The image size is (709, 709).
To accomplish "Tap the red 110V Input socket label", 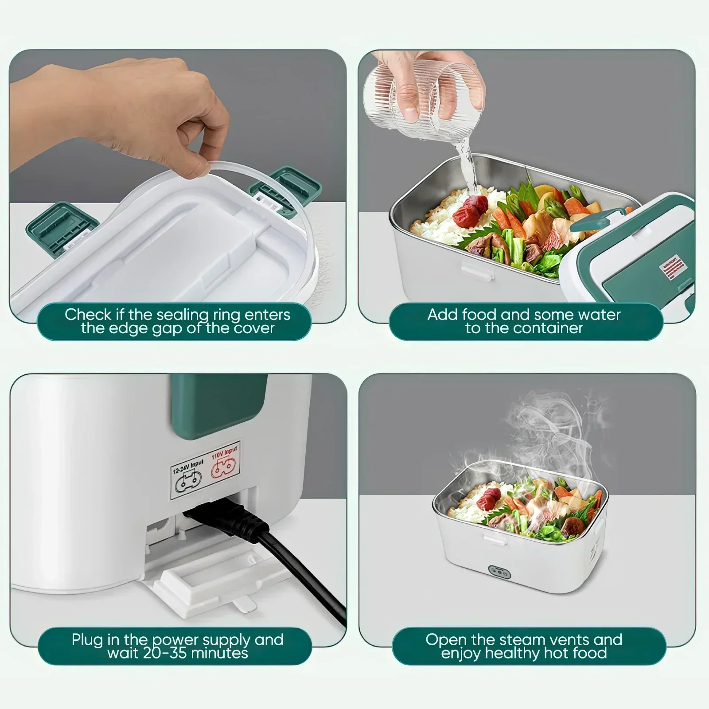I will [x=224, y=461].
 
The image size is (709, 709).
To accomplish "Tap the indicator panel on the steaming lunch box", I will [x=499, y=572].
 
